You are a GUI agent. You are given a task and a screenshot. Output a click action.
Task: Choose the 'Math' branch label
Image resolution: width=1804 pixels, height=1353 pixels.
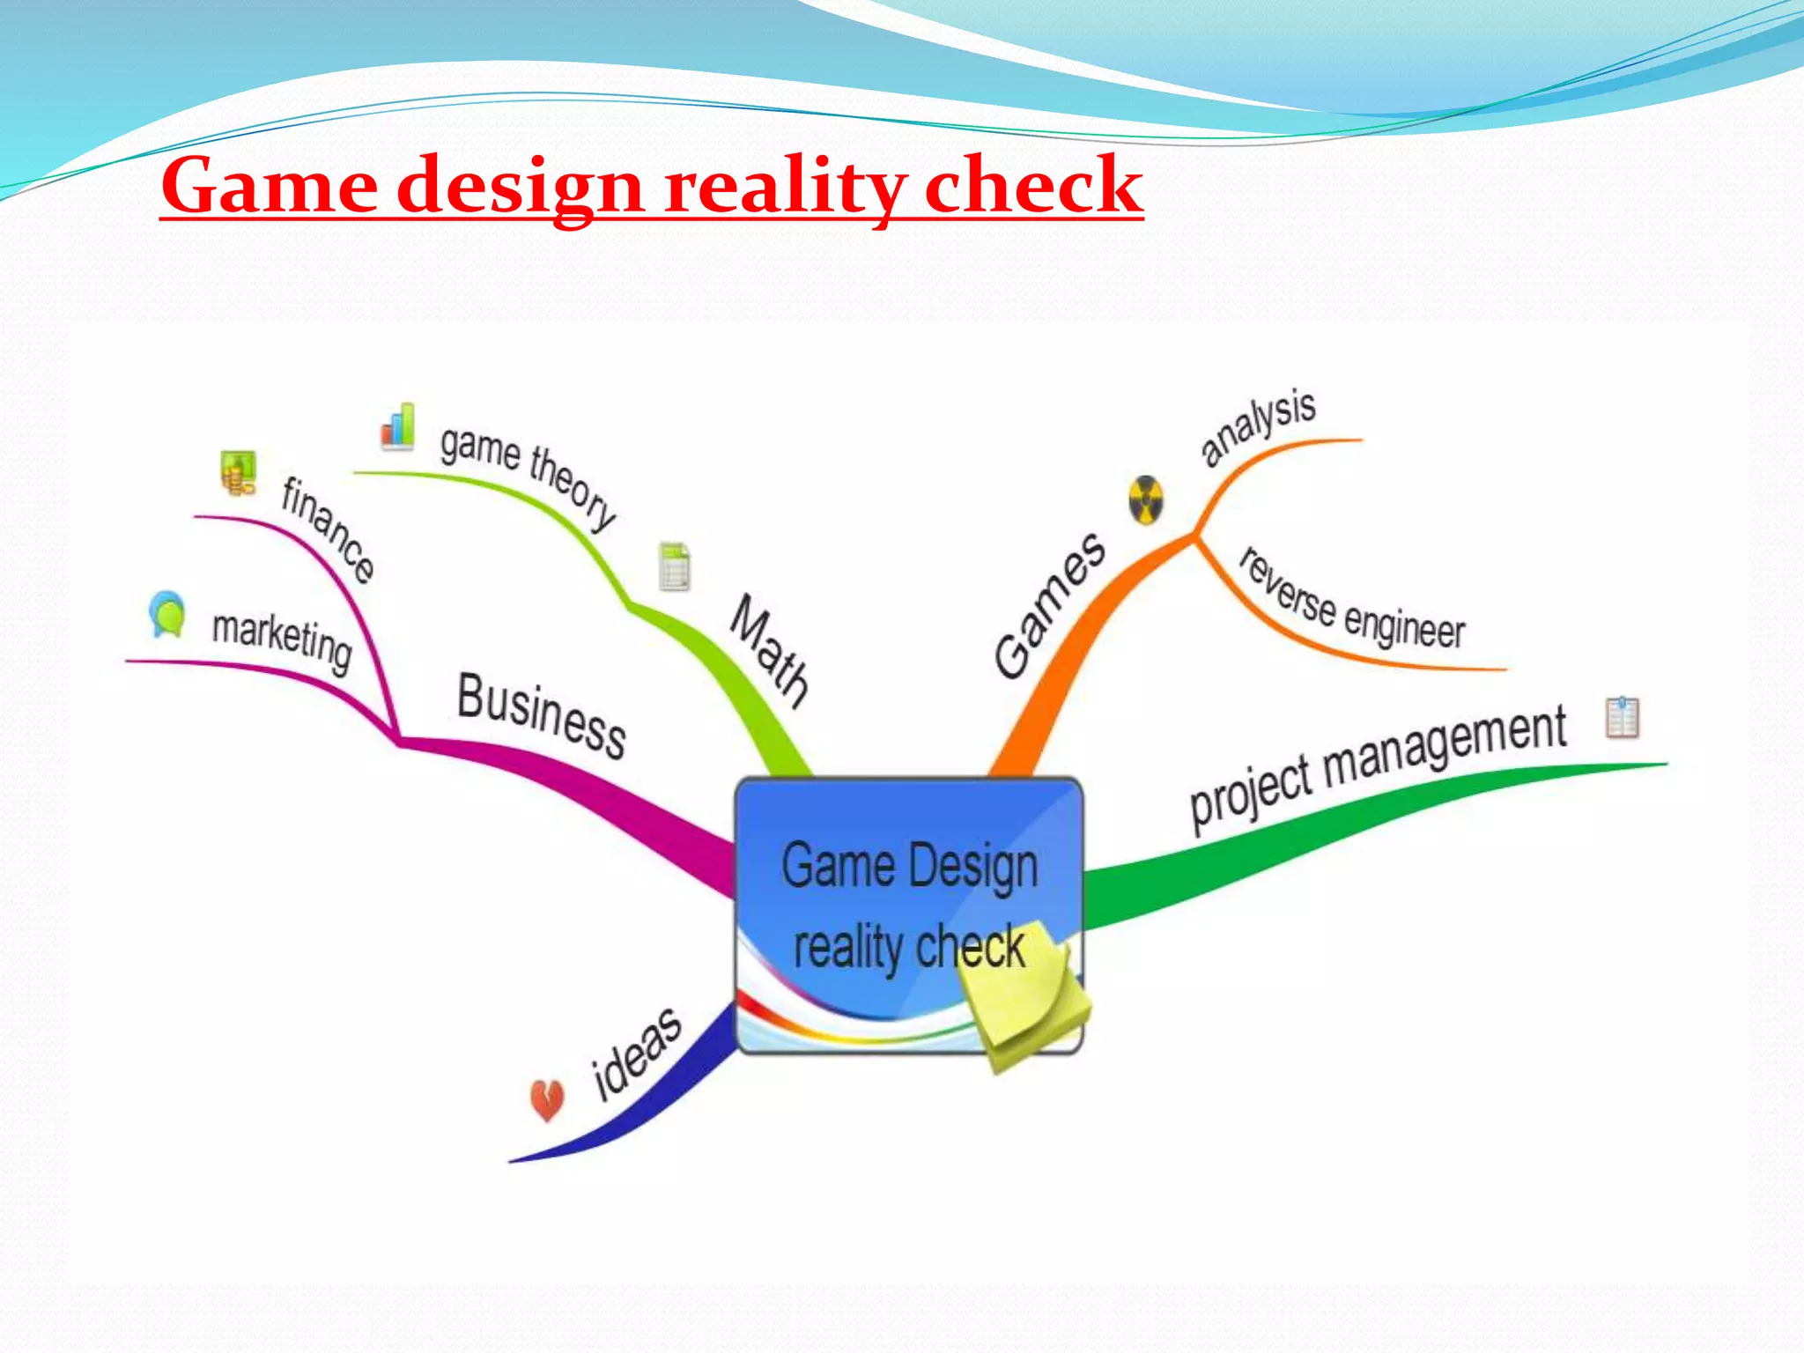[769, 651]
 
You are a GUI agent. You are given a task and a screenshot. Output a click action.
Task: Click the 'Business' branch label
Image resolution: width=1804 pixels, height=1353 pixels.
[541, 714]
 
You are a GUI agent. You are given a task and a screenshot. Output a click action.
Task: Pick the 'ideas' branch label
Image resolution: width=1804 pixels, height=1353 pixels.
[636, 1054]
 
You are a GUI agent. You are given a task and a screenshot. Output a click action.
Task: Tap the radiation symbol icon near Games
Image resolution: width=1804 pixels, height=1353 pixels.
[1146, 500]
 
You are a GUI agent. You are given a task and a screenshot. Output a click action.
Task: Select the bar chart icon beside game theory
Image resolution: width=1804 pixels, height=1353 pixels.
[398, 426]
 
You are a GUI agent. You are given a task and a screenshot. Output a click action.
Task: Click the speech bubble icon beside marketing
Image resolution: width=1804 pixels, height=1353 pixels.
[167, 613]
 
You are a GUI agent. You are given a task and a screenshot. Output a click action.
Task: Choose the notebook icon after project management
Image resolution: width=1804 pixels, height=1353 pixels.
[1622, 717]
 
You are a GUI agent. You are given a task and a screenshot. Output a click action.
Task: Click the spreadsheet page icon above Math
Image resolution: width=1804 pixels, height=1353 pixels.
[675, 566]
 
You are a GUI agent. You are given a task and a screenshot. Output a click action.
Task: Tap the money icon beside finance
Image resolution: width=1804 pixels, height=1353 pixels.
[238, 473]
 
